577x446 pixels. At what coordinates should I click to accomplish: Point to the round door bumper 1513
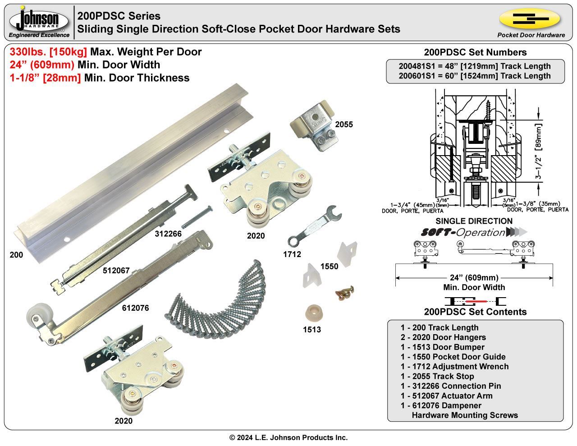(x=312, y=313)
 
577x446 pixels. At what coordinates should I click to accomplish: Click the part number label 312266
(x=168, y=234)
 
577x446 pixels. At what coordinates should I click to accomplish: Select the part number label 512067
(x=116, y=271)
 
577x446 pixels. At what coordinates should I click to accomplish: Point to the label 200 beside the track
(x=16, y=255)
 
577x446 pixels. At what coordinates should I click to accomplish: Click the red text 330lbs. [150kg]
(x=48, y=52)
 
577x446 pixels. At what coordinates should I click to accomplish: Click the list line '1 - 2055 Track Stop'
(x=437, y=376)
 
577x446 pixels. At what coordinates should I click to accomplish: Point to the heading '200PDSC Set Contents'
(x=475, y=312)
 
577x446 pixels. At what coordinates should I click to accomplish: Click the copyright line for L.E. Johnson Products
(x=288, y=437)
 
